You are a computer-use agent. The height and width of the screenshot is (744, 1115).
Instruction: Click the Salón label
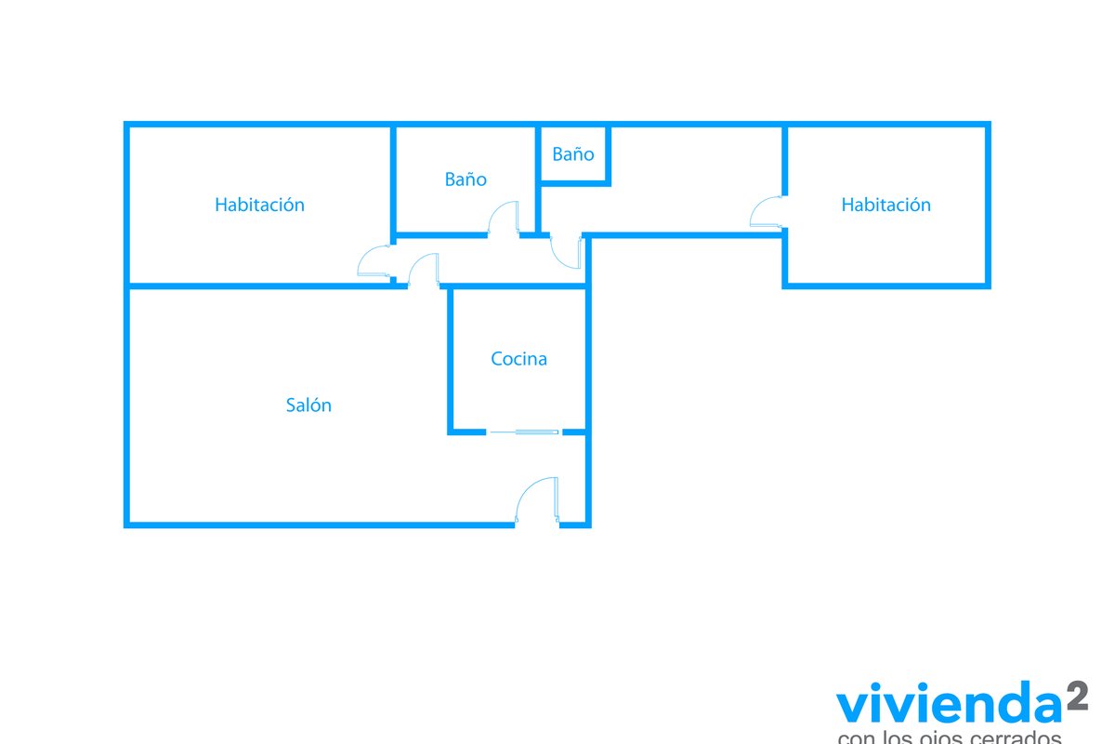pos(308,405)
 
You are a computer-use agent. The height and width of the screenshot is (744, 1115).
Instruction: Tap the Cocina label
pos(518,359)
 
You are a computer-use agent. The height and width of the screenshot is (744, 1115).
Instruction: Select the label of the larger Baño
pos(465,179)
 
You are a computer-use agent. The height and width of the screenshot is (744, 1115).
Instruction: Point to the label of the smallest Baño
pos(572,154)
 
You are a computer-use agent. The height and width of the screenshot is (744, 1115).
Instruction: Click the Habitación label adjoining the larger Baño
pos(259,205)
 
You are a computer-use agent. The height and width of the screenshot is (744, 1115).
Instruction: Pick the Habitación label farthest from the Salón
pos(885,205)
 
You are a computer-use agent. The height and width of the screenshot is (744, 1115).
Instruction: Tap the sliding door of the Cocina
pos(525,432)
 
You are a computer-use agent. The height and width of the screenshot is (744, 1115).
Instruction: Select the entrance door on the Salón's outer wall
pos(538,502)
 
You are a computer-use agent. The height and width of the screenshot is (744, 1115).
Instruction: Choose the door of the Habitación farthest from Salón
pos(767,213)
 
